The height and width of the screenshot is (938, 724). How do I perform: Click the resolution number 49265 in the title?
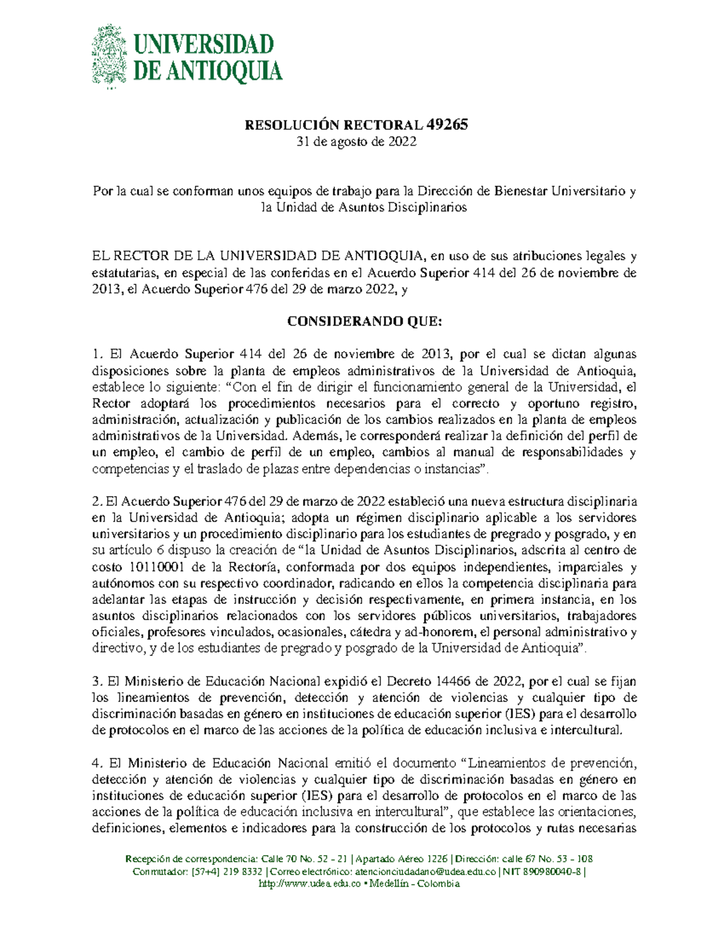point(447,125)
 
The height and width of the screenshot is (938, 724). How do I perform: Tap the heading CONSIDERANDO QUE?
point(364,322)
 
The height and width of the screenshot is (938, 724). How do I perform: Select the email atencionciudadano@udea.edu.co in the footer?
point(427,872)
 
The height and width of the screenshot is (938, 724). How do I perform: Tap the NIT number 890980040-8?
point(551,872)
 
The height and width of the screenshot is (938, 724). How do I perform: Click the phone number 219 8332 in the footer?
point(242,872)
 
